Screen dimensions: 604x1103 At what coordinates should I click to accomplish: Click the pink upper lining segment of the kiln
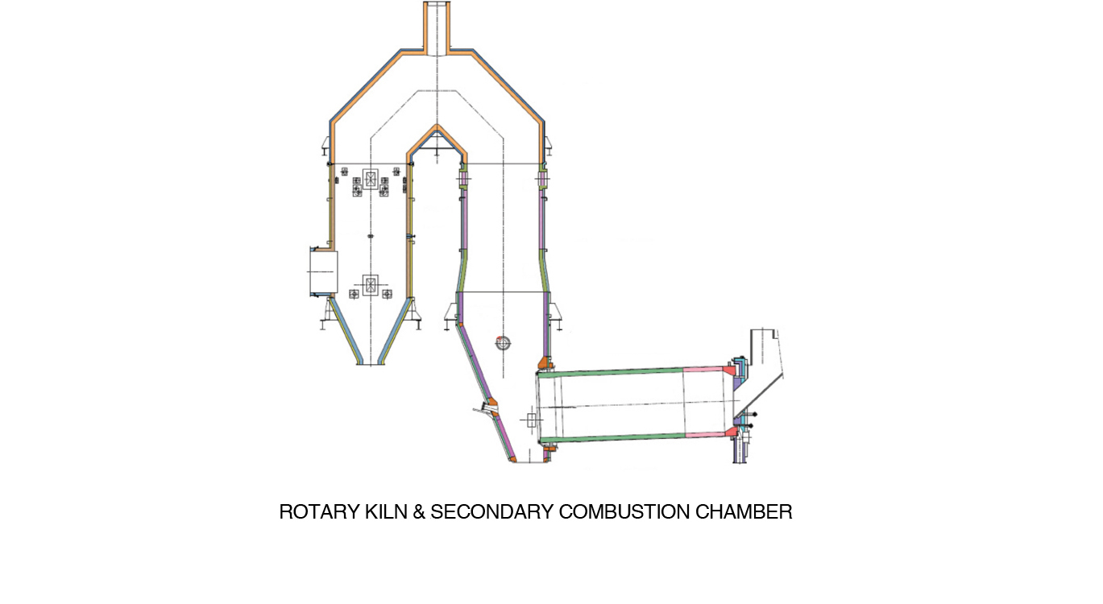coord(704,370)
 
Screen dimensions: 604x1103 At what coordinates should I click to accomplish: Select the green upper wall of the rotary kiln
coord(612,372)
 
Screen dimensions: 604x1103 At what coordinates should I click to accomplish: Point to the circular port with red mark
coord(504,343)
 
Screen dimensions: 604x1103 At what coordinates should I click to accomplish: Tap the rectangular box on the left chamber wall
coord(323,271)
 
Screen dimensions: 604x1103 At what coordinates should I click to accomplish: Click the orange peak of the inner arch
coord(437,130)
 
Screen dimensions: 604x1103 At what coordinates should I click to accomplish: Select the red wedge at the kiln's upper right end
coord(731,370)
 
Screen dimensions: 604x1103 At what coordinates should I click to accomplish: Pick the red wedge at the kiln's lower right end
coord(732,433)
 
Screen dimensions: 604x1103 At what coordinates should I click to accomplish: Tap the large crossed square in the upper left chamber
coord(370,179)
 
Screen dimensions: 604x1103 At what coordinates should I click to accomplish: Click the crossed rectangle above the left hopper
coord(370,285)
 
